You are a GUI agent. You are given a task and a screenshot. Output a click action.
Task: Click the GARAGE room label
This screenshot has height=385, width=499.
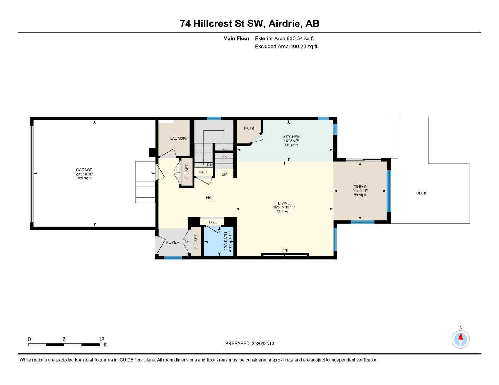pos(84,170)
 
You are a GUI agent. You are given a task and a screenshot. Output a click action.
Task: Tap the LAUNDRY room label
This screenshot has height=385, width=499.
pos(179,139)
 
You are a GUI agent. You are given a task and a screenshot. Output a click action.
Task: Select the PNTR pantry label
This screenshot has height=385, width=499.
pos(249,129)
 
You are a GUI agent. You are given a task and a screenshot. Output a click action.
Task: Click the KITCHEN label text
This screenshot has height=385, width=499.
pos(291,137)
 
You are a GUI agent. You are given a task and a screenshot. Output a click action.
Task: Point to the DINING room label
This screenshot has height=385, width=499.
pos(360,187)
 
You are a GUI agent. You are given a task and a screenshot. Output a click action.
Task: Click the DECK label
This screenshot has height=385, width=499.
pos(421,193)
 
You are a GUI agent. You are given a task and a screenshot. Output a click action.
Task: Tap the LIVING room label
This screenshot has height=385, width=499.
pos(284,203)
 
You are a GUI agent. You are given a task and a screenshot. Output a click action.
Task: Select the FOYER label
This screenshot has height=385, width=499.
pos(173,242)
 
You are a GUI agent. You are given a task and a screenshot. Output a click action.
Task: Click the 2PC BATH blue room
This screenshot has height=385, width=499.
pos(219,243)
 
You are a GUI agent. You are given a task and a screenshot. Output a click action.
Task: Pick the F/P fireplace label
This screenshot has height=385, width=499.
pos(285,250)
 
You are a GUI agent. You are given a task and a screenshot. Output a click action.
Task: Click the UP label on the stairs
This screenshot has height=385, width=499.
pos(224,174)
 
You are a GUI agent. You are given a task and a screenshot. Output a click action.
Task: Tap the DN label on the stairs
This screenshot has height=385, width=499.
pos(209,165)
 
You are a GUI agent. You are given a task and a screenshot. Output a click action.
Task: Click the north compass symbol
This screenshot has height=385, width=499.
pos(461,339)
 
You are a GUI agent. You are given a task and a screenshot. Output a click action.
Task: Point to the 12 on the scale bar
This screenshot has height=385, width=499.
pos(101,339)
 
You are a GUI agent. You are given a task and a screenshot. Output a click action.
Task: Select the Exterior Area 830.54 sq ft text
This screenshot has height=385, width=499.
pos(284,38)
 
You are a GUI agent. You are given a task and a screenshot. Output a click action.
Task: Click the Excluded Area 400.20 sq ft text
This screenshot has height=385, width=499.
pos(286,47)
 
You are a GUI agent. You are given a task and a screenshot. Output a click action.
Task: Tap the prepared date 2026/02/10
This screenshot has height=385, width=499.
pos(250,343)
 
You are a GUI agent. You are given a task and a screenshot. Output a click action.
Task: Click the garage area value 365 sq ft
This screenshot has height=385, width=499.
pos(84,178)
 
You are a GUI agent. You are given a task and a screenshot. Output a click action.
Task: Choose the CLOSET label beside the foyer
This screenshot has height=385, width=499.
pos(196,242)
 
